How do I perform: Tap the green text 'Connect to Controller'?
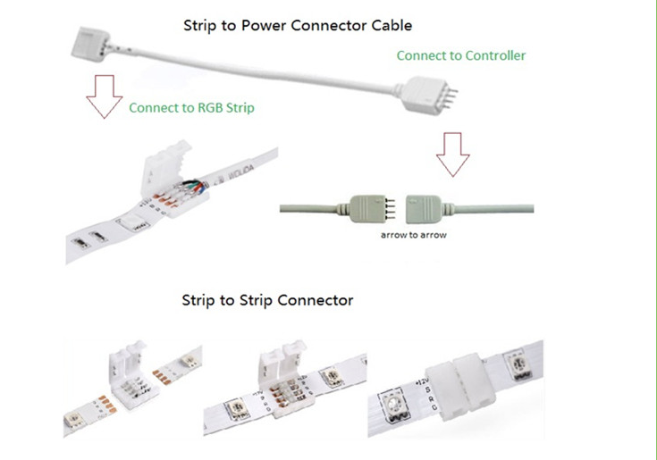click(x=460, y=55)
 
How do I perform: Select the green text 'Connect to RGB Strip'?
click(x=191, y=107)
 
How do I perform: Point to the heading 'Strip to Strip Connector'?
click(x=267, y=300)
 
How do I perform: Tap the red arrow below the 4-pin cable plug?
click(x=453, y=155)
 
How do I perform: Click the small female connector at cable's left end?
click(x=100, y=42)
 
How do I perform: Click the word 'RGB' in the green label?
click(x=206, y=107)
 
